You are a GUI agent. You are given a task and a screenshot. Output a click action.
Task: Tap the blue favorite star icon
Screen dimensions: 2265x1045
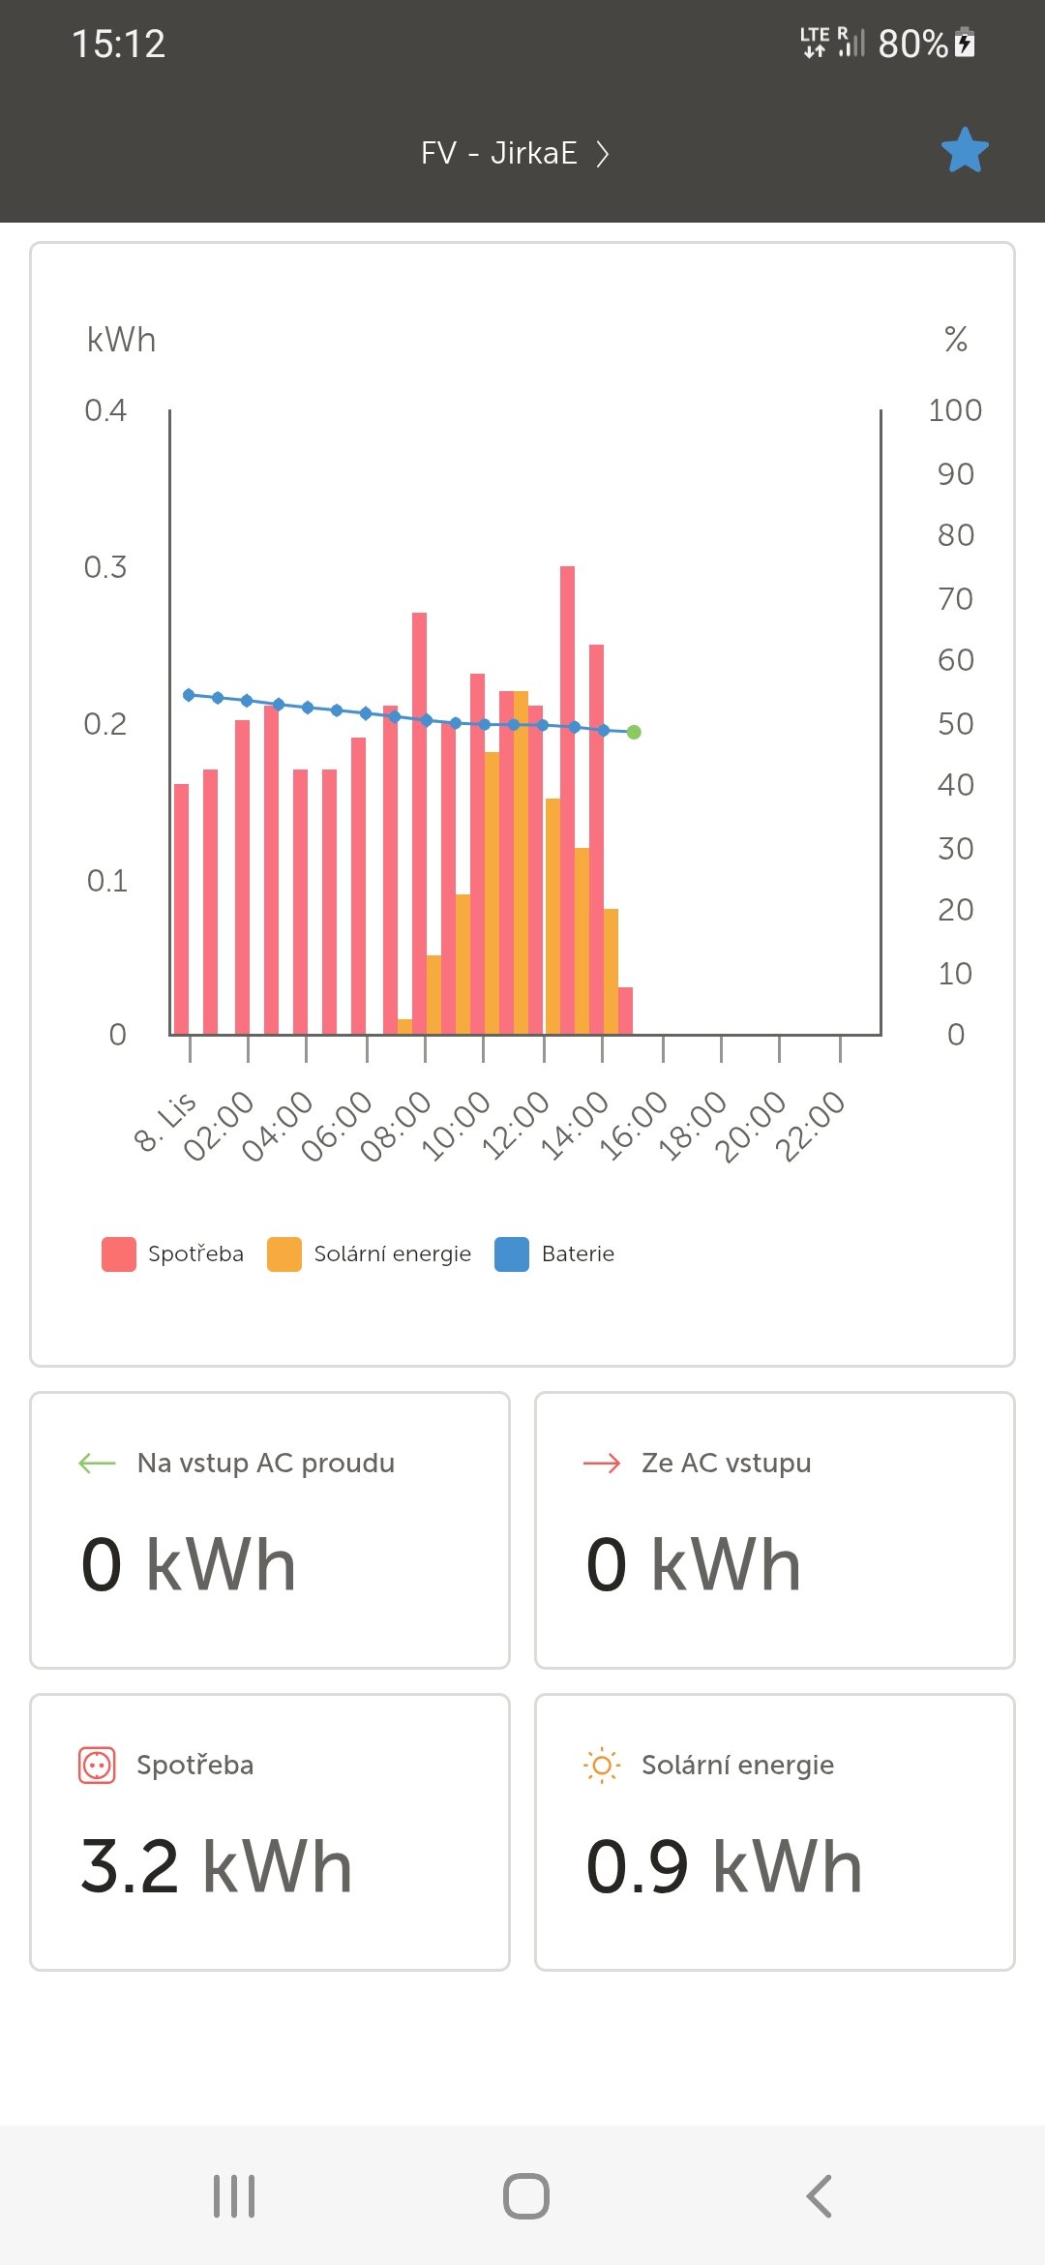point(965,151)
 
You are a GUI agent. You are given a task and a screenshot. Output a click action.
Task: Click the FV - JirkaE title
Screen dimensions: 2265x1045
point(499,154)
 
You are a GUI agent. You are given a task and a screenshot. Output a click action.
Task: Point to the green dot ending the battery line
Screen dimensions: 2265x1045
point(634,733)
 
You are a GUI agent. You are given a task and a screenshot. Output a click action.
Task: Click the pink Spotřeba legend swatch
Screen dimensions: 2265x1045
point(119,1254)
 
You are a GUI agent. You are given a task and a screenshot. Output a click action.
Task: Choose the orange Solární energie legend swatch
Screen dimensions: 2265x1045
point(284,1254)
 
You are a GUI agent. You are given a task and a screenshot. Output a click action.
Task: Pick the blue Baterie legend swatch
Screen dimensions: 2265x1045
point(512,1254)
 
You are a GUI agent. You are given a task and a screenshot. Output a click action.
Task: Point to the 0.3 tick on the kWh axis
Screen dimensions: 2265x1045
point(105,567)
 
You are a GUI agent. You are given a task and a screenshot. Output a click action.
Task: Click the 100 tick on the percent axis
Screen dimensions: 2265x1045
point(954,410)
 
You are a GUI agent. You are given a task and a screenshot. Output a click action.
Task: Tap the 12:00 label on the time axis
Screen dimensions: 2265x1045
point(516,1125)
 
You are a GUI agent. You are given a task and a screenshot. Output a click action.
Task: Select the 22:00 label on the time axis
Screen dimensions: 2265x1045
point(812,1125)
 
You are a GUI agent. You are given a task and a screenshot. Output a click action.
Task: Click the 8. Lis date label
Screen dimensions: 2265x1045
point(164,1122)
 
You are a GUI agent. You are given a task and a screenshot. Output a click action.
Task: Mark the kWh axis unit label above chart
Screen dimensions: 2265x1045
point(121,341)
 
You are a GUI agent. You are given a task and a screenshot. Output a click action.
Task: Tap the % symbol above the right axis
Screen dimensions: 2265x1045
point(956,339)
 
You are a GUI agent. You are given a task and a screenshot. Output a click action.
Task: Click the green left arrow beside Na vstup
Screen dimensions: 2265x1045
point(97,1464)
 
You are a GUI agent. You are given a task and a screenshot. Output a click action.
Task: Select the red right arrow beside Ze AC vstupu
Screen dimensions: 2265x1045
point(602,1464)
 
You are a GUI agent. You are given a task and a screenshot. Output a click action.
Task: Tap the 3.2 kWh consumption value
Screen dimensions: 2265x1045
point(216,1866)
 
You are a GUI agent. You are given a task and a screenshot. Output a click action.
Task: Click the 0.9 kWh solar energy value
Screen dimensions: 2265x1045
point(724,1866)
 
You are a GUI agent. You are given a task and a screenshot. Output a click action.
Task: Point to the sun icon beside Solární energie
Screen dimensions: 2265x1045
point(602,1766)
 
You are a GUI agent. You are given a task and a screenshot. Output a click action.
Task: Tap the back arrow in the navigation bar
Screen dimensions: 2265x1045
point(819,2195)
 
